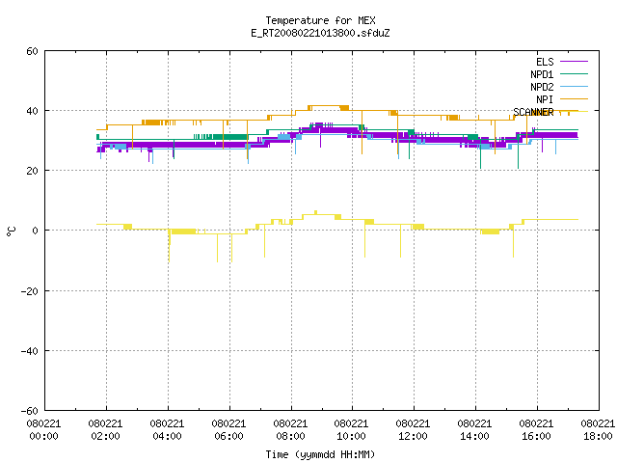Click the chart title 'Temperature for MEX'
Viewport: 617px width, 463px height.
[320, 20]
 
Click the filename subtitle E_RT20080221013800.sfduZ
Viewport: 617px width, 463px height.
[320, 33]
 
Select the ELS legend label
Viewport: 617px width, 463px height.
[545, 62]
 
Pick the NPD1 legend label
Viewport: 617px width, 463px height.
[542, 74]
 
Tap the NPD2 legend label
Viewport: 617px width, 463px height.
[542, 87]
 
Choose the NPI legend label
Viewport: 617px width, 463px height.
[545, 99]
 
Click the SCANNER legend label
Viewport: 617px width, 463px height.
[533, 112]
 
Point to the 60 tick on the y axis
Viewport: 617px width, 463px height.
[32, 51]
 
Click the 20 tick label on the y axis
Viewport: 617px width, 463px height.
[32, 171]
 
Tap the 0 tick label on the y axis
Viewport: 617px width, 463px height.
[36, 231]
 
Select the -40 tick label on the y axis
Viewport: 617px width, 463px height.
[30, 351]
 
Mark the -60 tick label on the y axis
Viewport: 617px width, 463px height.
[30, 411]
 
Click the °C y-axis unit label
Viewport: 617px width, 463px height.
[11, 231]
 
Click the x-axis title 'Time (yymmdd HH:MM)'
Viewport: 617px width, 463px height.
[320, 454]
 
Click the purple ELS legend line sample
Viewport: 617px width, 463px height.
[574, 62]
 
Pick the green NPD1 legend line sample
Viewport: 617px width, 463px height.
[574, 73]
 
